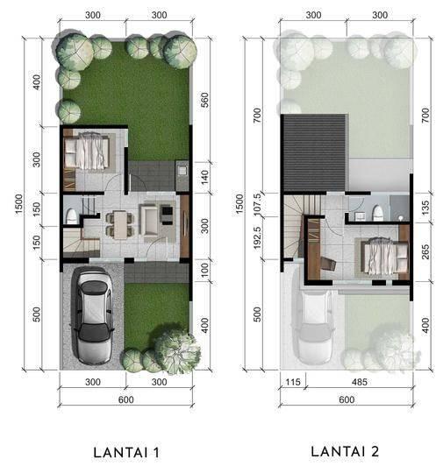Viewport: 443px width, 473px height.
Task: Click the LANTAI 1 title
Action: [x=126, y=453]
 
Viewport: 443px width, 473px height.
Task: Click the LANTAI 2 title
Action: [x=345, y=452]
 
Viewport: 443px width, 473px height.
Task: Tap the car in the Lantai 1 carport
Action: [x=92, y=315]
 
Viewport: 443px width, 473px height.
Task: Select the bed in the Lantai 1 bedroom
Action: [x=87, y=151]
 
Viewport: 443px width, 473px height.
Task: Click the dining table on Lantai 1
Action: [x=120, y=224]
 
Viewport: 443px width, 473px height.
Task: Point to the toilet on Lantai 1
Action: [x=71, y=215]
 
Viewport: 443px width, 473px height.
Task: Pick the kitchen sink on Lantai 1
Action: [x=182, y=171]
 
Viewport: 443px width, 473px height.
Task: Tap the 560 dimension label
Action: [x=204, y=100]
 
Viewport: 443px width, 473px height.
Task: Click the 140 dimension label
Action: [x=204, y=177]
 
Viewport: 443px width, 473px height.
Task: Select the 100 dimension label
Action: [x=204, y=270]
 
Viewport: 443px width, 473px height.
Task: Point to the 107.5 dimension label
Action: [x=257, y=205]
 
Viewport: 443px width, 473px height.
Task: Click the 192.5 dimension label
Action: [x=257, y=238]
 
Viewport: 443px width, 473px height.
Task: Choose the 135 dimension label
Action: [x=425, y=208]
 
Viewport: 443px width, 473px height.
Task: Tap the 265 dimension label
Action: [x=425, y=252]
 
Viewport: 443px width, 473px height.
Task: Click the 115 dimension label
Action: [x=293, y=382]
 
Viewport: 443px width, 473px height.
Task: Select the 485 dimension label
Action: [x=360, y=382]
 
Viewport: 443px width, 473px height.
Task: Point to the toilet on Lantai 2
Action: [x=378, y=213]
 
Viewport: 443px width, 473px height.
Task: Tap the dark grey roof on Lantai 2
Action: [x=314, y=152]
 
